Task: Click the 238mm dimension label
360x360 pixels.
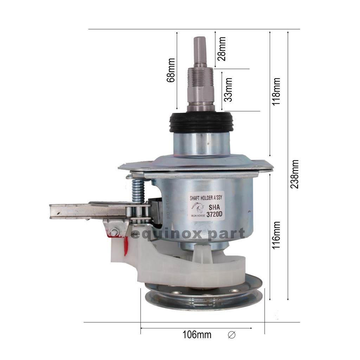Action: point(295,174)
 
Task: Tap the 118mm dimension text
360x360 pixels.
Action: point(277,92)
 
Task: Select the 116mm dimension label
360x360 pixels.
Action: point(277,235)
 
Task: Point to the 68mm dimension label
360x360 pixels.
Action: point(171,70)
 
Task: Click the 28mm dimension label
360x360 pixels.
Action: point(221,49)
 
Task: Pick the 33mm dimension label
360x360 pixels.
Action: point(228,90)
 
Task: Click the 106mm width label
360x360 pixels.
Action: point(197,335)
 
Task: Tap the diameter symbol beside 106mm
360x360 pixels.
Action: point(232,335)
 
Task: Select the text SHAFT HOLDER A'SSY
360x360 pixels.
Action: point(207,198)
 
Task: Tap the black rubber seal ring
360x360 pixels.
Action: point(200,122)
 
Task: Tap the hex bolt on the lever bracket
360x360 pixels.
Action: point(114,232)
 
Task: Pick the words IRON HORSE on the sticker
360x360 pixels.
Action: point(199,216)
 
